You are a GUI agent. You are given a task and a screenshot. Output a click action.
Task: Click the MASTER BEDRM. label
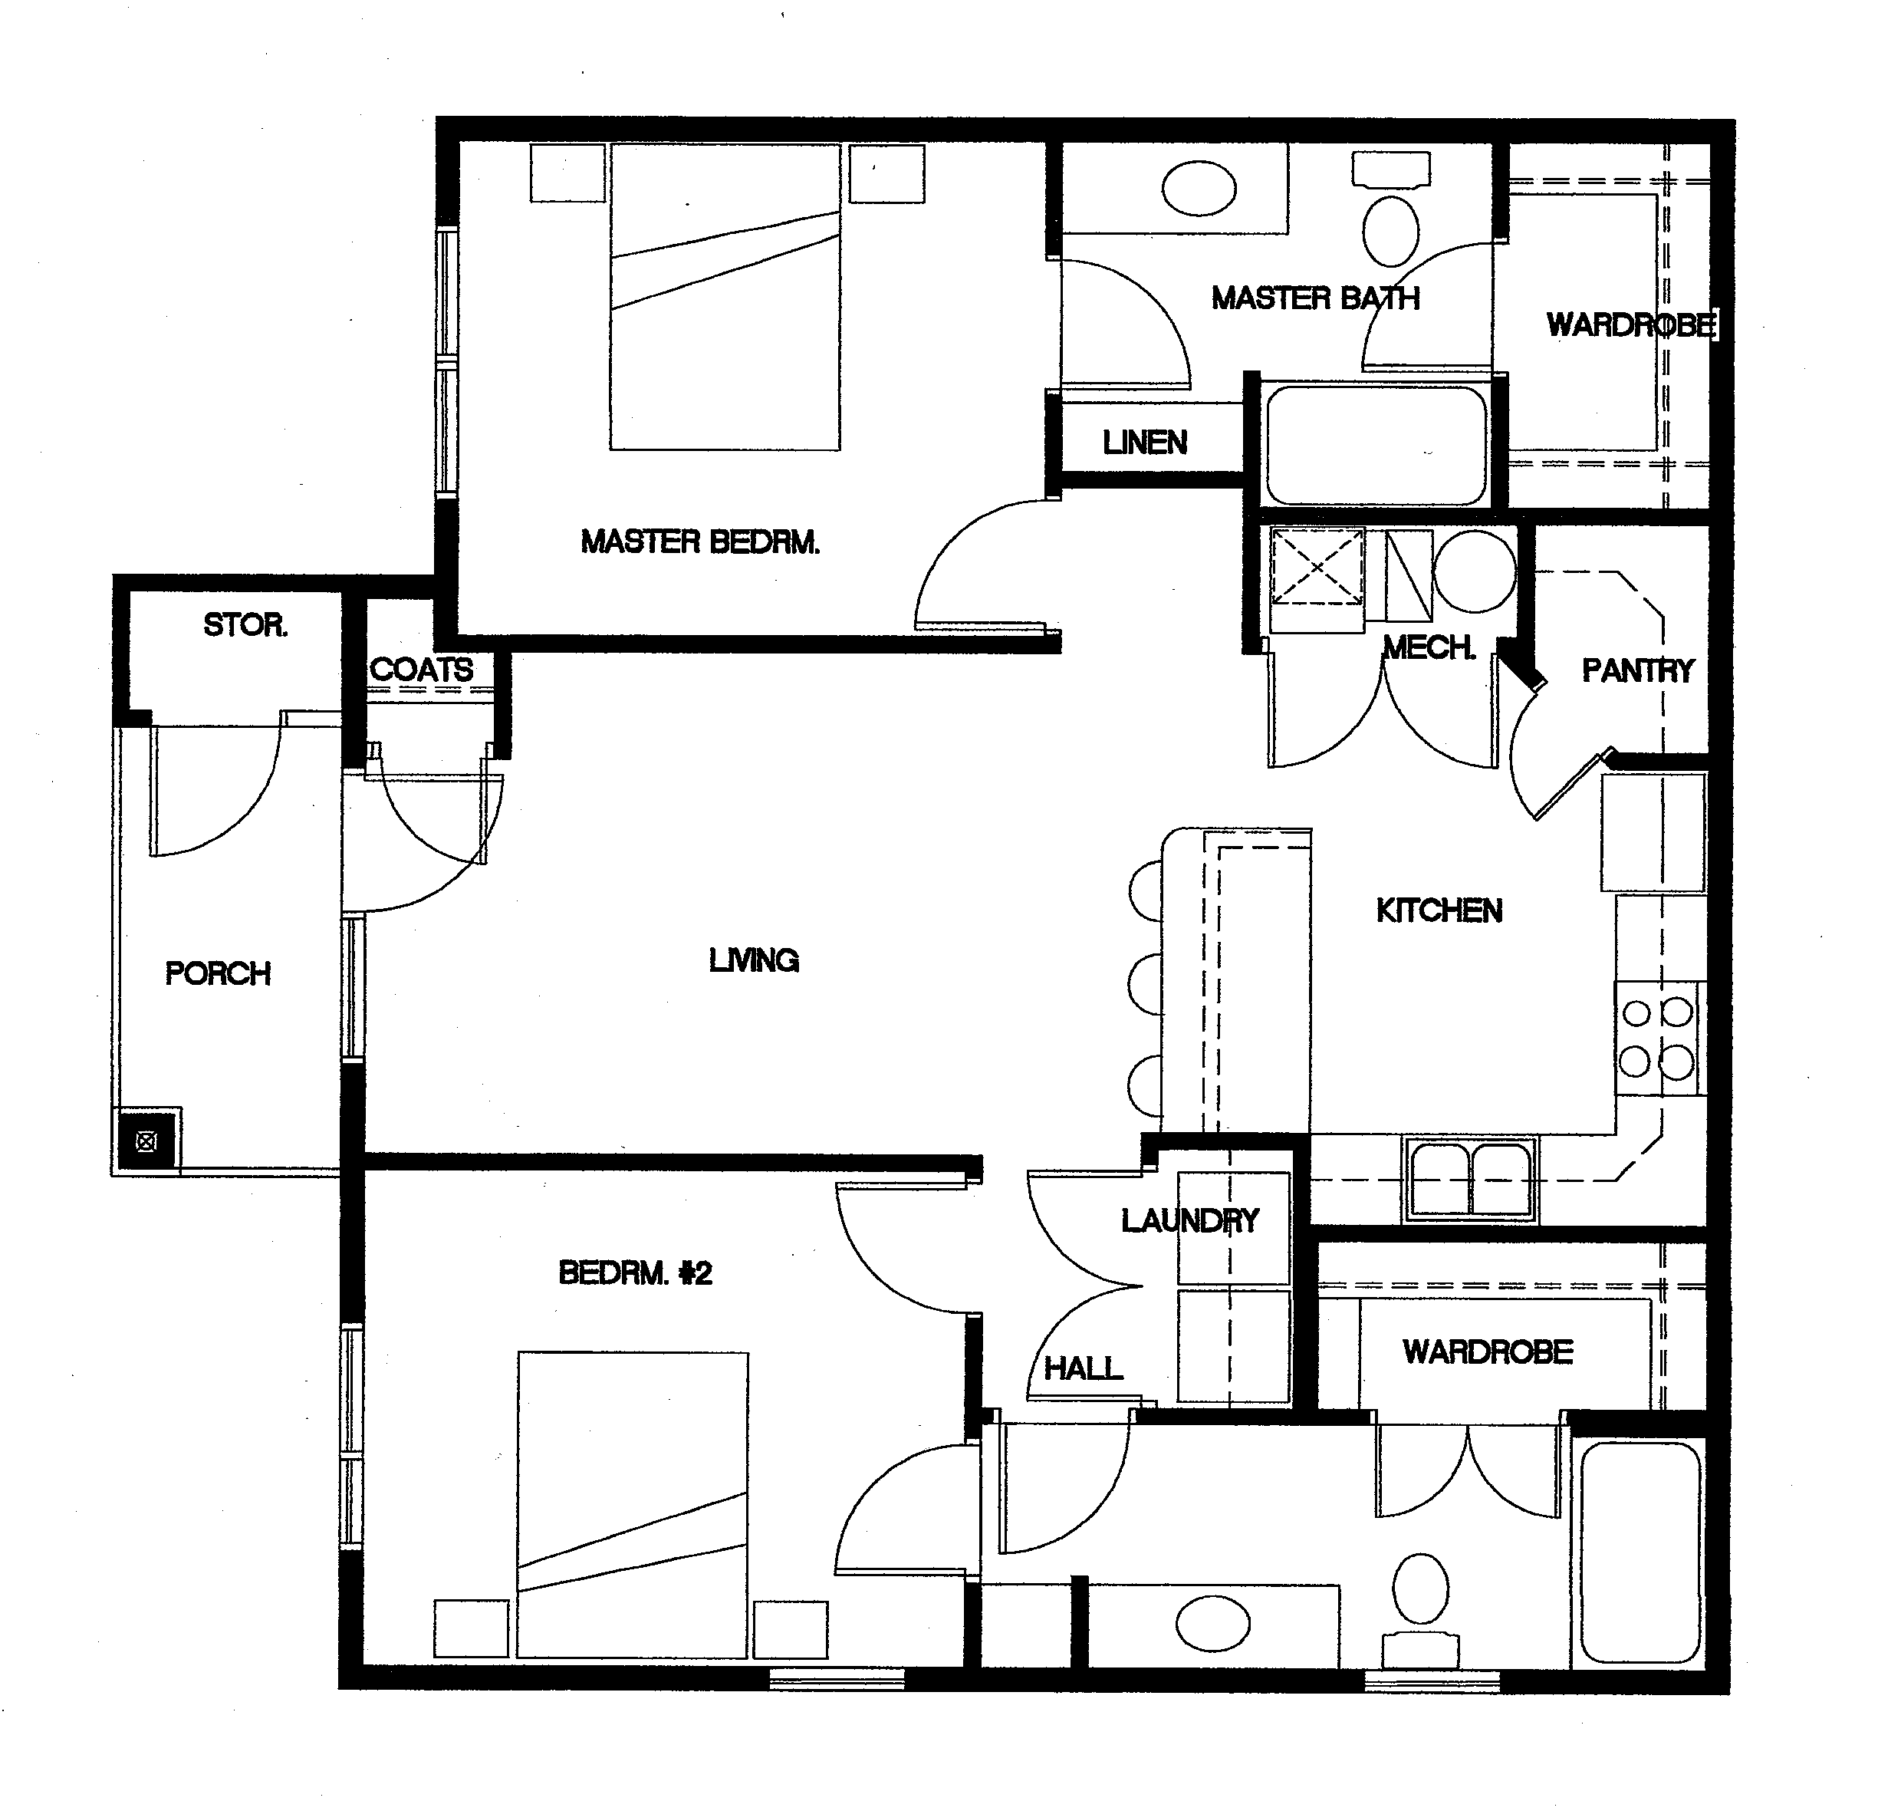point(699,542)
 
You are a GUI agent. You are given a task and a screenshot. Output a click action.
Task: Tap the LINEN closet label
point(1144,443)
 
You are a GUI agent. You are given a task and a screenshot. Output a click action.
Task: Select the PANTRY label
point(1637,670)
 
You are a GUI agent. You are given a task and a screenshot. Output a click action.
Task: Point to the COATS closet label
point(421,669)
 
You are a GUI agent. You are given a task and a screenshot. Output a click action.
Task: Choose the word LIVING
point(753,960)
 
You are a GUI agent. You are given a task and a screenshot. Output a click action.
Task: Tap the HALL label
point(1083,1368)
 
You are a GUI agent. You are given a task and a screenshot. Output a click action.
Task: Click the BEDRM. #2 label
point(634,1272)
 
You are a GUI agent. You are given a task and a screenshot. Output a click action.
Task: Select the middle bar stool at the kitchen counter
point(1146,983)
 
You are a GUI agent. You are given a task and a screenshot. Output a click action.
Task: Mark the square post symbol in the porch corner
point(145,1142)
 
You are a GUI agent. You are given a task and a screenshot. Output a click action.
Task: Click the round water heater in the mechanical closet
point(1474,571)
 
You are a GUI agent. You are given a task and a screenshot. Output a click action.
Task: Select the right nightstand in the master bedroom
point(886,174)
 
